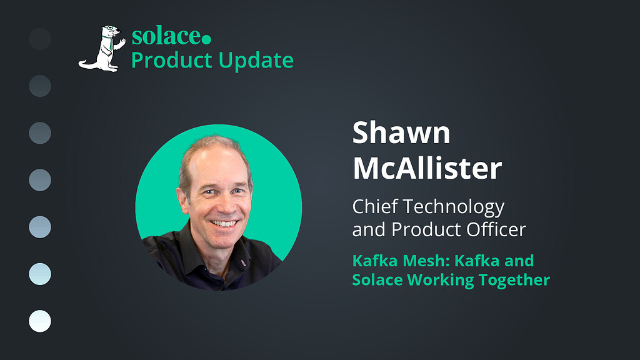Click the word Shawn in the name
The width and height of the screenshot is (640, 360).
click(x=401, y=132)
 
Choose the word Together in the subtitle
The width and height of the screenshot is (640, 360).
click(x=514, y=280)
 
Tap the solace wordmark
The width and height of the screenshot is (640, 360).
click(x=166, y=37)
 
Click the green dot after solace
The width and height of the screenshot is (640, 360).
click(x=206, y=39)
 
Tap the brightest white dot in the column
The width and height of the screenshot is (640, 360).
click(x=40, y=321)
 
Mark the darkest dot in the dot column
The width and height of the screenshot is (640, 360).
click(x=40, y=39)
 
